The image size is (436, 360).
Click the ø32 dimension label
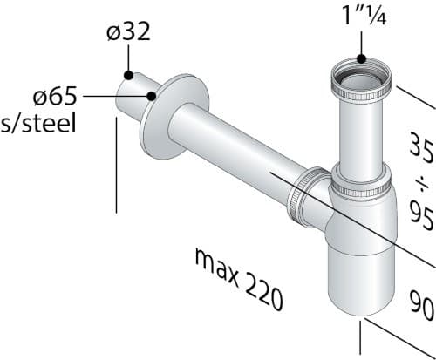(128, 31)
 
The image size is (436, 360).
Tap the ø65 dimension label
(55, 96)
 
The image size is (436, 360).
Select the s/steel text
(38, 123)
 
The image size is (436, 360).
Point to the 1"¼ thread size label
(364, 15)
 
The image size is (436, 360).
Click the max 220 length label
(238, 279)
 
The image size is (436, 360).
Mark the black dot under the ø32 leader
(128, 75)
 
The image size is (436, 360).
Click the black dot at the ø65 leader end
(152, 96)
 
